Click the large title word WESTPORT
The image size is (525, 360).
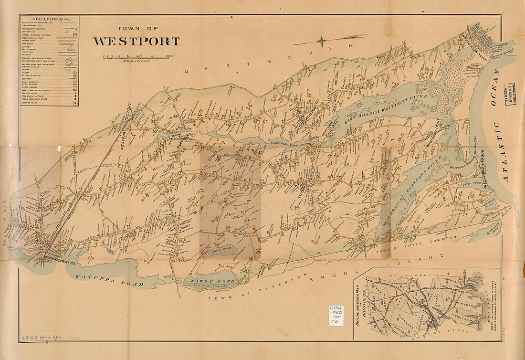(136, 42)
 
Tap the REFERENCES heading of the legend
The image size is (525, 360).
(49, 19)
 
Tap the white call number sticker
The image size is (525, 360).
(336, 315)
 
